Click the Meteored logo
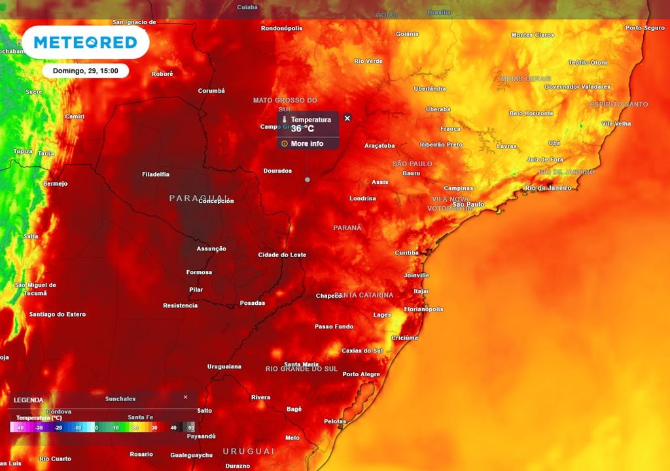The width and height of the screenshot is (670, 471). [85, 43]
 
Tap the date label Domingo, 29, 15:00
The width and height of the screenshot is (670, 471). [85, 71]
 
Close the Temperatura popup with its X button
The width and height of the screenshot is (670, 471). [347, 118]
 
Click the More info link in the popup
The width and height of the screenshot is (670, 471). [307, 144]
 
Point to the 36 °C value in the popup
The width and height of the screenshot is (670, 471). [303, 129]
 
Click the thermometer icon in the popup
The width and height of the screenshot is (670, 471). [285, 120]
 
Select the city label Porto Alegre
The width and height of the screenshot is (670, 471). [361, 374]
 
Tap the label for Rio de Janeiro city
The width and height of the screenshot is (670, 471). [548, 188]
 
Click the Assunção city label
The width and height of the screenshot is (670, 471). [211, 249]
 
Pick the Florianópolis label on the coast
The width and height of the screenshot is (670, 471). [423, 309]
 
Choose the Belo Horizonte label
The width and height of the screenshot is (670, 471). [531, 113]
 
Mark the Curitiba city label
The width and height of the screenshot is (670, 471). [406, 253]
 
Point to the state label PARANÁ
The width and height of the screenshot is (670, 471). [347, 228]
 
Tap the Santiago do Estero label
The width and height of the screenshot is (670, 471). [58, 314]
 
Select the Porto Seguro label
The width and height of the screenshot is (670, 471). [645, 28]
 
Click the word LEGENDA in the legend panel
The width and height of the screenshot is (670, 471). [29, 400]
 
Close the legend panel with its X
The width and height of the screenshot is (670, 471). [185, 397]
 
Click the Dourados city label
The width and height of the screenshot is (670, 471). [277, 171]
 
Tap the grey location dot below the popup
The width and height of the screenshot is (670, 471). [308, 179]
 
